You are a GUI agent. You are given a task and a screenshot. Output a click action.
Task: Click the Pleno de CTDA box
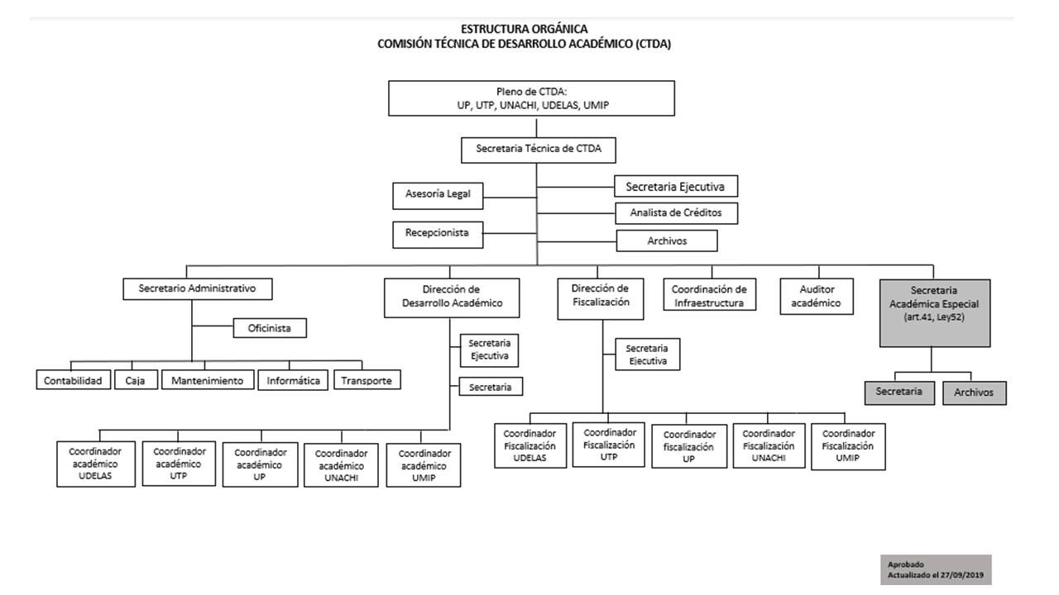[531, 98]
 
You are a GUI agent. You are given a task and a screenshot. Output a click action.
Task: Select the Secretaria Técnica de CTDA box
[539, 150]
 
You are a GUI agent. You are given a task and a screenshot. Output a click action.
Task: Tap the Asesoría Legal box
[438, 196]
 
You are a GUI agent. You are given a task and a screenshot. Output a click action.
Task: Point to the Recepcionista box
[438, 235]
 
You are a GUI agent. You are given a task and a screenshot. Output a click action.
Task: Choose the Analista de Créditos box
[676, 213]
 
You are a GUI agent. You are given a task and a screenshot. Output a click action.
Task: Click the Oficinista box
[270, 328]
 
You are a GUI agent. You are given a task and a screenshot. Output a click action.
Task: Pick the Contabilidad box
[74, 379]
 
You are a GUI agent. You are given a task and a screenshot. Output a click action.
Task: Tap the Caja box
[136, 379]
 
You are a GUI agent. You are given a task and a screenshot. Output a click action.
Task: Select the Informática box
[293, 380]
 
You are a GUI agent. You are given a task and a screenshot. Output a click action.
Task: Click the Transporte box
[367, 379]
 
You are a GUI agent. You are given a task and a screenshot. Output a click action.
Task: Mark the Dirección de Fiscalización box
[601, 299]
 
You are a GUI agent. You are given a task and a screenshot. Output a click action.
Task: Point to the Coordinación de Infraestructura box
[710, 294]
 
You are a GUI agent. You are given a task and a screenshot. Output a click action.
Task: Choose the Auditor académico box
[817, 296]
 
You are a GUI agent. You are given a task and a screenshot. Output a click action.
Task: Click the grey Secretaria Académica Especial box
[935, 313]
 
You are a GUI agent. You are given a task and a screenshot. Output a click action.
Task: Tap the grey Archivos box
[975, 393]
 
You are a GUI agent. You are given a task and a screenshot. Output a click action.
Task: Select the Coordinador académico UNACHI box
[342, 465]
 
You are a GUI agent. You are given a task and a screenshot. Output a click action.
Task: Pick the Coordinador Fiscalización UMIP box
[848, 447]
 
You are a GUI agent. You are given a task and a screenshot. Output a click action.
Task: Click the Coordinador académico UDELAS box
[96, 464]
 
